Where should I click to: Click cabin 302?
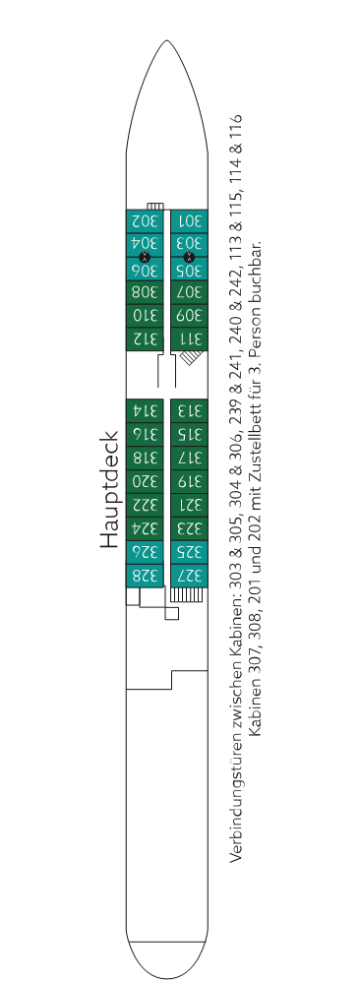point(145,221)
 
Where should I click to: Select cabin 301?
point(189,221)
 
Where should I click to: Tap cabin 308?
point(145,292)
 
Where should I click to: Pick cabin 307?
point(189,292)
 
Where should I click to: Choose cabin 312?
point(145,339)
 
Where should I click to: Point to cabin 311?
point(189,339)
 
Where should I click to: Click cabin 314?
point(145,411)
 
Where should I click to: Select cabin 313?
point(189,411)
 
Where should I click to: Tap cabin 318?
point(145,458)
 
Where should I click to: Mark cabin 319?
point(189,481)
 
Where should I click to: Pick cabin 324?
point(145,528)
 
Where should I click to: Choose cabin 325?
point(189,552)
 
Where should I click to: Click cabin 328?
point(145,576)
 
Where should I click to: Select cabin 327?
point(189,576)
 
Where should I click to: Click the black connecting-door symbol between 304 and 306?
point(145,257)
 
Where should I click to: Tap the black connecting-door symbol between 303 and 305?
point(189,257)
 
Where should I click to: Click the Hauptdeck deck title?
point(109,489)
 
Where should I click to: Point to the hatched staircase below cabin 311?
point(191,357)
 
